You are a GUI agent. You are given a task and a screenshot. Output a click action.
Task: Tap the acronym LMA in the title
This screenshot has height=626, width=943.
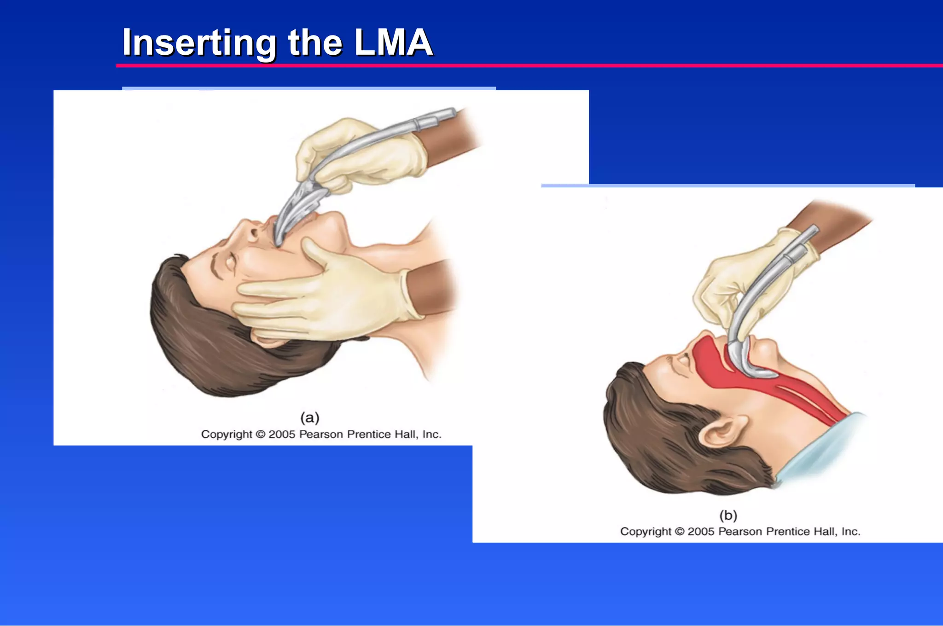(393, 43)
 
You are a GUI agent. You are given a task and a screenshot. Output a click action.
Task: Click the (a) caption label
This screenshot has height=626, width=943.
(309, 417)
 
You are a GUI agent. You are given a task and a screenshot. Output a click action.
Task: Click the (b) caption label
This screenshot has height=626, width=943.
(728, 515)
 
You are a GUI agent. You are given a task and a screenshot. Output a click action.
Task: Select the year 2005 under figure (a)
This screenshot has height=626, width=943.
(282, 435)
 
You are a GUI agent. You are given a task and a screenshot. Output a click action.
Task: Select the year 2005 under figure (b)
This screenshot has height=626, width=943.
(701, 532)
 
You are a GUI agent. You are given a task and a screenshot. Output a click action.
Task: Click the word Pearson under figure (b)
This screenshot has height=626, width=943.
(740, 532)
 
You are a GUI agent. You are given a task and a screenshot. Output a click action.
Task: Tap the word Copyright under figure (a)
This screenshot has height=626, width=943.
(227, 435)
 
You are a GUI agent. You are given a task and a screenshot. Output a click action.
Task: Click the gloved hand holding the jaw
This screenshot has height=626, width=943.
(332, 295)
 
